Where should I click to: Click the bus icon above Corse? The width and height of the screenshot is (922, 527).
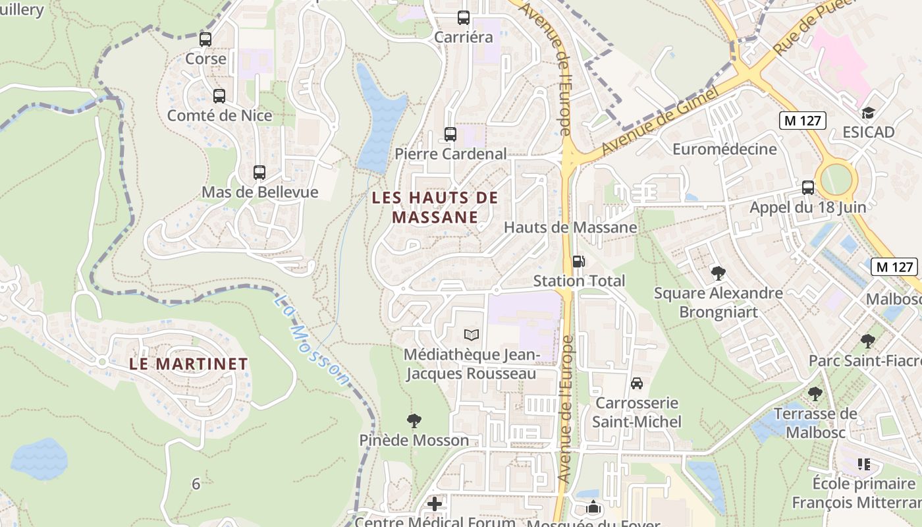[x=205, y=40]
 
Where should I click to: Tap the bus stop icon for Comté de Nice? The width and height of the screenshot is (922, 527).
[x=219, y=96]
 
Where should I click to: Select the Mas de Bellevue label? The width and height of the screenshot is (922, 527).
[x=259, y=192]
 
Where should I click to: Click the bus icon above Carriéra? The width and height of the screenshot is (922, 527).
[x=464, y=18]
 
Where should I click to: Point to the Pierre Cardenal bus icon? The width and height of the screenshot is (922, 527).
[x=450, y=134]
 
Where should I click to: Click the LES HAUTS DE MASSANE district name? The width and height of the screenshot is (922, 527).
[x=435, y=208]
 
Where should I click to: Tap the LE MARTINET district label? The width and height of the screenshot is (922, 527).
[x=188, y=364]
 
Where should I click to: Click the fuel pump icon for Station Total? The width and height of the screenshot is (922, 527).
[x=578, y=262]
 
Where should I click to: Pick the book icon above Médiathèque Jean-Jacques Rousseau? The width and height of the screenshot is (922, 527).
[x=471, y=335]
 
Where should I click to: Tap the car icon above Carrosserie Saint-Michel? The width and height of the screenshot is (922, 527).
[x=637, y=383]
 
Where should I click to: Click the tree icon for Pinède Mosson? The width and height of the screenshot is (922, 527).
[x=414, y=421]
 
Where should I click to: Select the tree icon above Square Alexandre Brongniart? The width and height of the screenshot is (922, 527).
[x=719, y=273]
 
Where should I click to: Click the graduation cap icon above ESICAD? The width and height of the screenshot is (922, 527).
[x=868, y=113]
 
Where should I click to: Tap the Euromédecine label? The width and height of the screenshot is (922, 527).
[x=724, y=150]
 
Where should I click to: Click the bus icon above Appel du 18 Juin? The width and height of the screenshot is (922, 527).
[x=808, y=188]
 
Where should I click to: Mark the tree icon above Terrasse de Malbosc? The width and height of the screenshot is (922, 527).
[x=815, y=395]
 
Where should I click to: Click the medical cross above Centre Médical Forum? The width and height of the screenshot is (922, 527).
[x=435, y=505]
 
